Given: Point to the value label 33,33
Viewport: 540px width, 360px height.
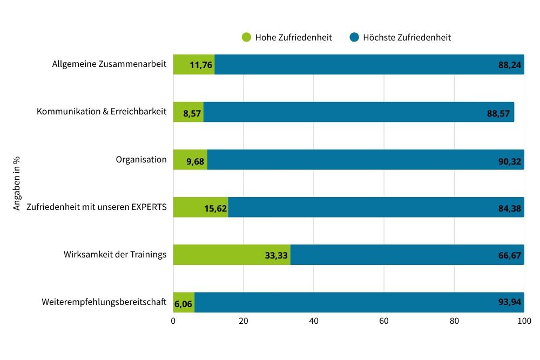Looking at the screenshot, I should click(x=276, y=255).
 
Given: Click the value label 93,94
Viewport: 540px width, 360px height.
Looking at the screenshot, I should click(x=509, y=302).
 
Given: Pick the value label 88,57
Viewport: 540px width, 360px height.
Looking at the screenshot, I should click(x=498, y=113).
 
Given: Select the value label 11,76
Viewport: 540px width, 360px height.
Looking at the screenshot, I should click(x=201, y=66).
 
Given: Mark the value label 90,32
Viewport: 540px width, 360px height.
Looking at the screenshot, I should click(x=509, y=160).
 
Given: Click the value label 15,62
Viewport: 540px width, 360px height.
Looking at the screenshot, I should click(x=215, y=208).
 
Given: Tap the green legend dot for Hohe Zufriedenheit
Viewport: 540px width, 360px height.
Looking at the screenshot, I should click(x=246, y=37).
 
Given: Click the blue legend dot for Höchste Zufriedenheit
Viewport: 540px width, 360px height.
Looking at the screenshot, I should click(x=354, y=37).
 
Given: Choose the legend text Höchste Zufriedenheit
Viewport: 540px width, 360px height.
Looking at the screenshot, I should click(x=407, y=38).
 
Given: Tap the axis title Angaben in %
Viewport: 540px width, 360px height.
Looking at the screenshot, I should click(x=17, y=184).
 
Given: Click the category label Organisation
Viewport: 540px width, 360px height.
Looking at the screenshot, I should click(x=141, y=160).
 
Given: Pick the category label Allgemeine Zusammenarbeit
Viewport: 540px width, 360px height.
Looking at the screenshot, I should click(x=109, y=64).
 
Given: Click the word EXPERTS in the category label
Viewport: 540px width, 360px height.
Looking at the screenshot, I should click(x=146, y=207).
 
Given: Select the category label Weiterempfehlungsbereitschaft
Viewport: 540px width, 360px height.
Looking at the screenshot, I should click(x=104, y=302).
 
